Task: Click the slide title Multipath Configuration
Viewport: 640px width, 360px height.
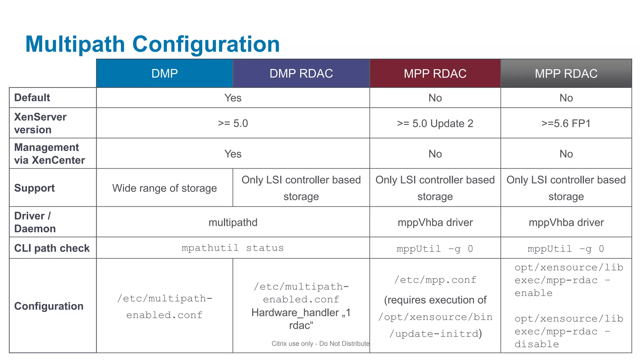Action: [152, 44]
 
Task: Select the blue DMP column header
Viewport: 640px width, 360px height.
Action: [164, 73]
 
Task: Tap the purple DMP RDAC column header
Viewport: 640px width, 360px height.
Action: [301, 73]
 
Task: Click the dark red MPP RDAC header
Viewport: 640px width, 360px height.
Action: [435, 74]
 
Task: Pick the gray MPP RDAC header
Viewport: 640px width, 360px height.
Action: [566, 74]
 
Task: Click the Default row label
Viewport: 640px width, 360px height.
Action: [32, 97]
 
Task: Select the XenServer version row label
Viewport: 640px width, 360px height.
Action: [40, 123]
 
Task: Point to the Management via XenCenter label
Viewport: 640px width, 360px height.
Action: [49, 153]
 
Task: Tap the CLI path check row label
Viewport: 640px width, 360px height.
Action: [52, 248]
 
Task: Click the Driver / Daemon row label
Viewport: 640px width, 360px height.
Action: [35, 222]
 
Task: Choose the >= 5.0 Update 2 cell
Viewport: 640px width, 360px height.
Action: [435, 123]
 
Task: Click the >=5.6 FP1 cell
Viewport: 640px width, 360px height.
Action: [566, 123]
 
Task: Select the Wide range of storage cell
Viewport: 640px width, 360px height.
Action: [164, 188]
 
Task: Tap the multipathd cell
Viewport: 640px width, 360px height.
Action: [233, 222]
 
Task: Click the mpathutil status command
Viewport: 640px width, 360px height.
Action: [233, 248]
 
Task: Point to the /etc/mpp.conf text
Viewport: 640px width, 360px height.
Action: [435, 280]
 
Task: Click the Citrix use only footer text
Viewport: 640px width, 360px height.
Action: [320, 344]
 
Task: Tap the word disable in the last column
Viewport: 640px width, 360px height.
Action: [537, 344]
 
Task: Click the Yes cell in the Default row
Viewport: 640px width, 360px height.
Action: [233, 98]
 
